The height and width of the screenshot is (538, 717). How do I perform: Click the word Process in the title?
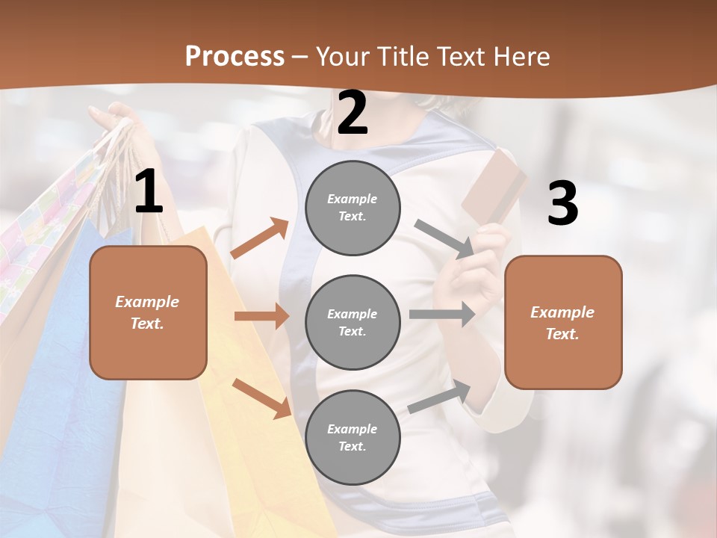coord(235,57)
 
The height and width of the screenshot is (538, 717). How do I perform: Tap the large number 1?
coord(149,193)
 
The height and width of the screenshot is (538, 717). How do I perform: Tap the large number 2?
coord(353,113)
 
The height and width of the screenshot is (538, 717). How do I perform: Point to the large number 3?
coord(562,203)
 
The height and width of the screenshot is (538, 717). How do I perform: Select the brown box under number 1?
coord(148,312)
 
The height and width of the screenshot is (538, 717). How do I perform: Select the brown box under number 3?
coord(563,322)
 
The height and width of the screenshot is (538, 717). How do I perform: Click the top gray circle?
coord(353,208)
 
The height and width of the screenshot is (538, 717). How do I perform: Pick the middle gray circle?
coord(353,322)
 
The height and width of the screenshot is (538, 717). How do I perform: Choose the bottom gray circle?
coord(353,437)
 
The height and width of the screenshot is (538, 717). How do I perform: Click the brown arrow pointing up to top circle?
coord(260,238)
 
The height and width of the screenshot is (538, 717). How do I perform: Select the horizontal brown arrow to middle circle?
coord(261,316)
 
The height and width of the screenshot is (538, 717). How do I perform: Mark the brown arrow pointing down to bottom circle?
coord(261,398)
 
